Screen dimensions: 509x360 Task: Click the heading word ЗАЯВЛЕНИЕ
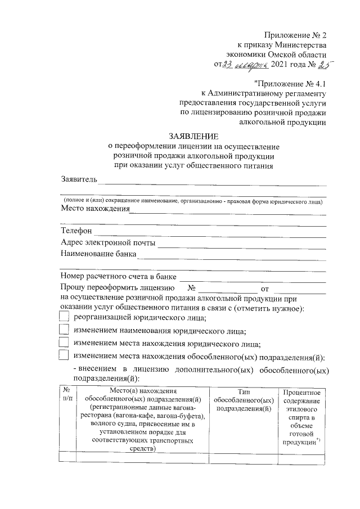coord(193,136)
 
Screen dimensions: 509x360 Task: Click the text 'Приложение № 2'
coord(295,35)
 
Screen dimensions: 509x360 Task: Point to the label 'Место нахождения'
coord(94,209)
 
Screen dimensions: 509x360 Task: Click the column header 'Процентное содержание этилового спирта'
coord(302,417)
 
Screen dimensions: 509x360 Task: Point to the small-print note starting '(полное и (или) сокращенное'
coord(193,200)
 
